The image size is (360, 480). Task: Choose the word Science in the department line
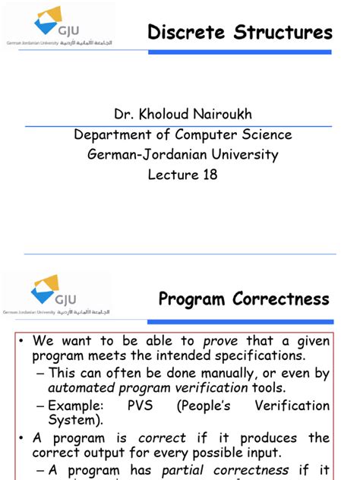(x=263, y=134)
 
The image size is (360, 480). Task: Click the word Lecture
(x=172, y=175)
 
